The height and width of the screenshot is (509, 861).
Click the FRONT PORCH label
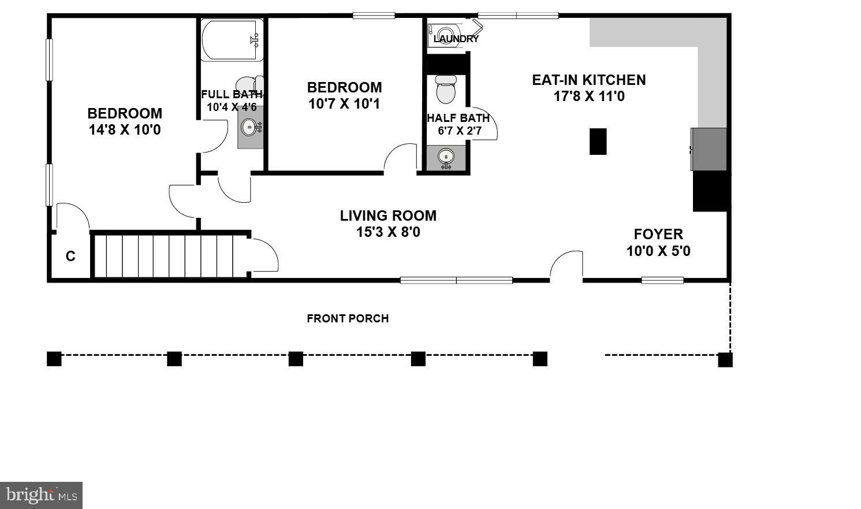coord(347,318)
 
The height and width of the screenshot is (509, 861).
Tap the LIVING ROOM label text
coord(387,216)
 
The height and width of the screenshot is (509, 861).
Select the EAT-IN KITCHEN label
coord(588,80)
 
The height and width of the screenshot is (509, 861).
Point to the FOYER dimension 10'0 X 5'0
coord(658,251)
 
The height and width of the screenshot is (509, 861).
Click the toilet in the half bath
coord(445,89)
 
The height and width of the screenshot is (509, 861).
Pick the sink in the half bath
coord(445,157)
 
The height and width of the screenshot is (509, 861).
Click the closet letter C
coord(70,257)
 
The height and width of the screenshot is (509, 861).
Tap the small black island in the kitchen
coord(598,142)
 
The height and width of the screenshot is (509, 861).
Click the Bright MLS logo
coord(41,495)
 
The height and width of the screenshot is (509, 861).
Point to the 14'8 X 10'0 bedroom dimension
coord(124,130)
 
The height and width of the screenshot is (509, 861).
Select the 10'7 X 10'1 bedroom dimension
coord(344,104)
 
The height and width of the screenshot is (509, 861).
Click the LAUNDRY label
coord(456,39)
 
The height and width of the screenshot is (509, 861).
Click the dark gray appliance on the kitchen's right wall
coord(709,149)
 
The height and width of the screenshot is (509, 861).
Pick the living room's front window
coord(456,281)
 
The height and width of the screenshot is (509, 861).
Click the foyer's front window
coord(662,281)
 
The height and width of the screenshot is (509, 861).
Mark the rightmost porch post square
coord(725,359)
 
